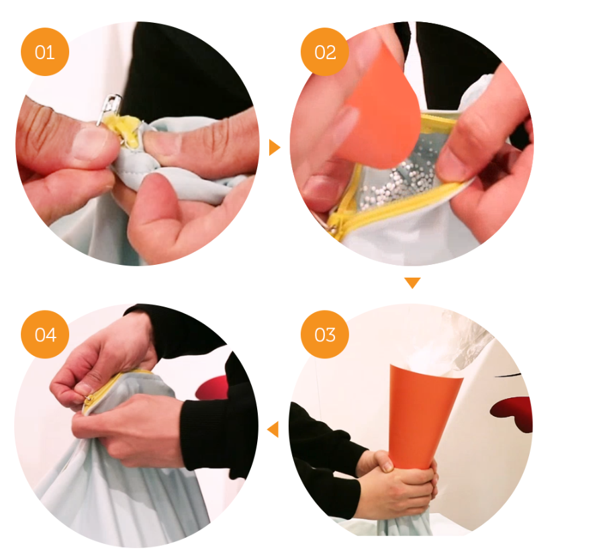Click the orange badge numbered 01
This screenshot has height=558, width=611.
tap(45, 52)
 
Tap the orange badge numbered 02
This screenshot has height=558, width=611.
tap(324, 52)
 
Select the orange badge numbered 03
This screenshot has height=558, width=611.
tap(324, 334)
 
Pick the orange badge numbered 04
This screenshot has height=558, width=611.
tap(45, 334)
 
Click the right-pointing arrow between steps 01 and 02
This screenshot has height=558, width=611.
tap(275, 147)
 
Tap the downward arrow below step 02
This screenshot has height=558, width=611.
tap(412, 282)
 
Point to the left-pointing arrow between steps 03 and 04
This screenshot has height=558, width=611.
tap(273, 429)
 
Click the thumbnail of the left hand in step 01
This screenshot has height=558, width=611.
tap(89, 144)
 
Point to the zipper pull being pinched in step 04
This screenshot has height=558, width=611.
tap(89, 399)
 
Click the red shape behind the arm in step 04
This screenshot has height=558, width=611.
tap(212, 387)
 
